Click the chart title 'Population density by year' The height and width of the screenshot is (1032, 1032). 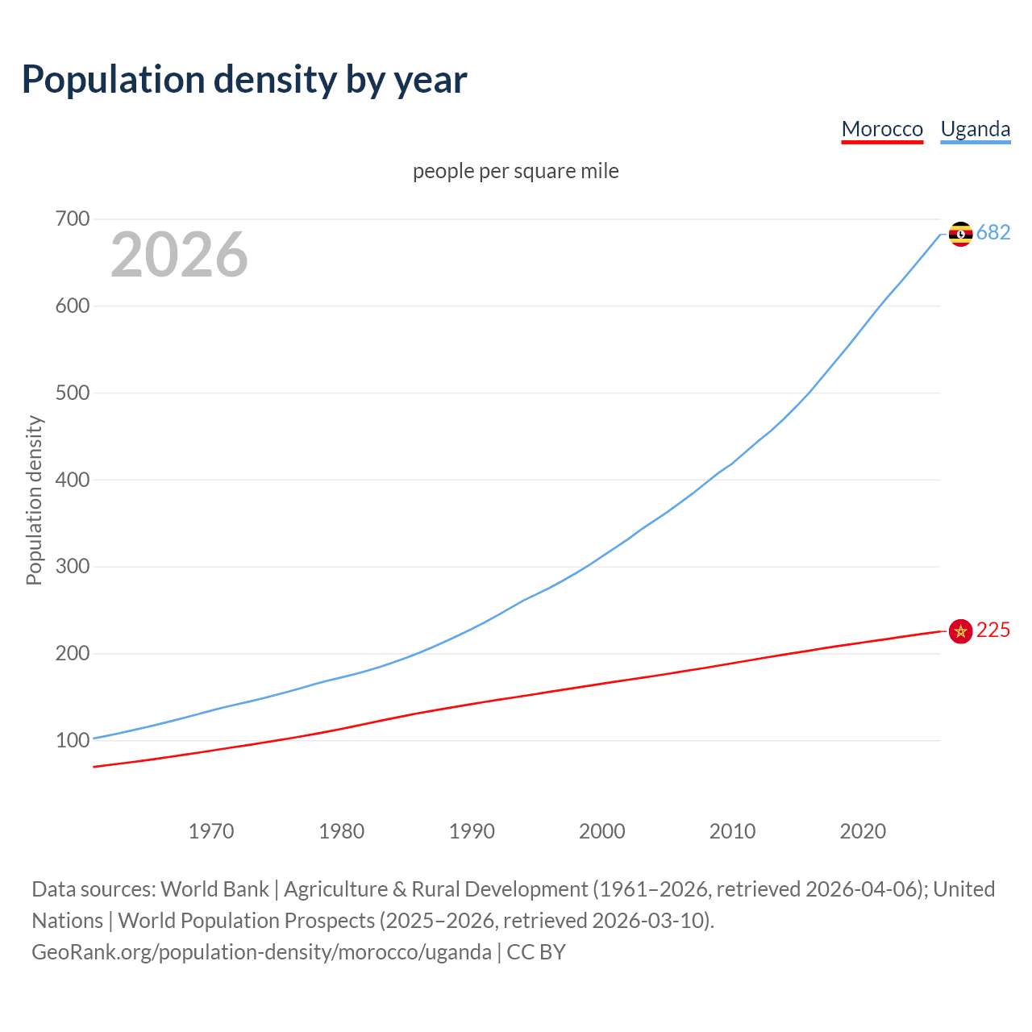coord(244,80)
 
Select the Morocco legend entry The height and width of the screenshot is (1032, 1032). coord(882,129)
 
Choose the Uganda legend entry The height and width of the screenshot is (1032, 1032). coord(975,129)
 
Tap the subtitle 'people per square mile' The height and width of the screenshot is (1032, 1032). coord(516,171)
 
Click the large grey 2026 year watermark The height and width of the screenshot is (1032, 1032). coord(179,255)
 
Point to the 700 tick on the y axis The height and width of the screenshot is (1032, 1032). coord(73,219)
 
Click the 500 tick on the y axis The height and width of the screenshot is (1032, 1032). coord(73,393)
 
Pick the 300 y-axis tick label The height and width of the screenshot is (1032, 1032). coord(73,567)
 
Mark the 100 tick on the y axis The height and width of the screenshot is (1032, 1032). coord(73,740)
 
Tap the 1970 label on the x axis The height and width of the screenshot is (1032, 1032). coord(211,831)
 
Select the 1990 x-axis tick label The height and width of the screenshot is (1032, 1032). coord(472,831)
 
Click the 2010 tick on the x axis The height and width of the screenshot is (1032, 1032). coord(732,831)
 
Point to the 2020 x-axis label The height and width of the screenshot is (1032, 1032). coord(863,831)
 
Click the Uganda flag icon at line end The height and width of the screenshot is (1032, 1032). coord(960,234)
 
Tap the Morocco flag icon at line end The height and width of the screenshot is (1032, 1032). coord(960,631)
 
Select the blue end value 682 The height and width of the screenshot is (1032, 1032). coord(993,233)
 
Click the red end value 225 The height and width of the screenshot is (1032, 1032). coord(993,630)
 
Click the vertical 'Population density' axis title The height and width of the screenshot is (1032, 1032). coord(34,500)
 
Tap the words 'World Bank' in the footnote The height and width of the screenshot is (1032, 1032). coord(214,889)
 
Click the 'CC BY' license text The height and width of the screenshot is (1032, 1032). coord(536,952)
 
